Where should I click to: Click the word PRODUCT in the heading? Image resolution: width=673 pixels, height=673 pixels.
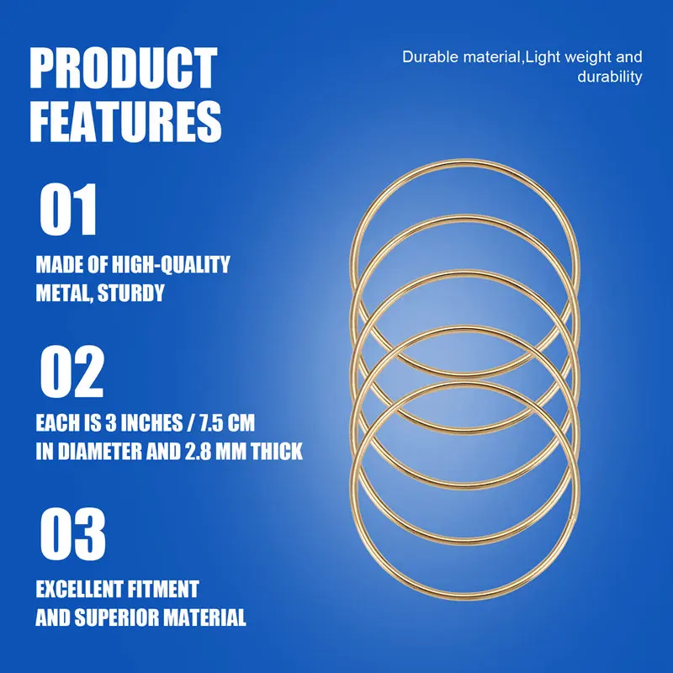(x=124, y=70)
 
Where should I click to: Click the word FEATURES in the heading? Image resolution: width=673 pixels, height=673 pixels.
(x=126, y=121)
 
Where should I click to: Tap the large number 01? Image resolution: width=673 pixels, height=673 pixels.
(x=69, y=210)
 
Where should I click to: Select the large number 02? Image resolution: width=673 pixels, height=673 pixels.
(x=72, y=373)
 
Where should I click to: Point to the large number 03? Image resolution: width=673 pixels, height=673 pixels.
(x=72, y=535)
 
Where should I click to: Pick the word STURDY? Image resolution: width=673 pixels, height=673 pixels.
(x=134, y=294)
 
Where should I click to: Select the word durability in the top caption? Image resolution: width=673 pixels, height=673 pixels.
(x=610, y=77)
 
